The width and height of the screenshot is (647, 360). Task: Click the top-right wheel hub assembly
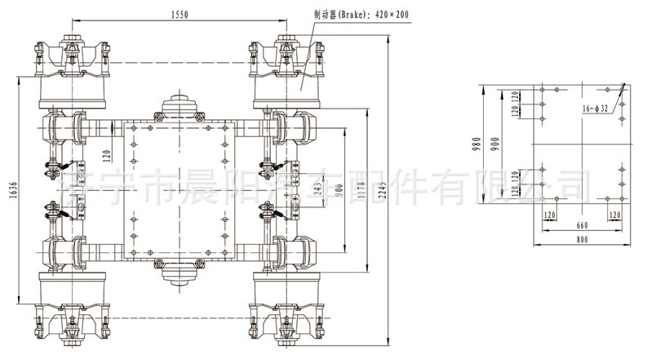click(289, 69)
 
